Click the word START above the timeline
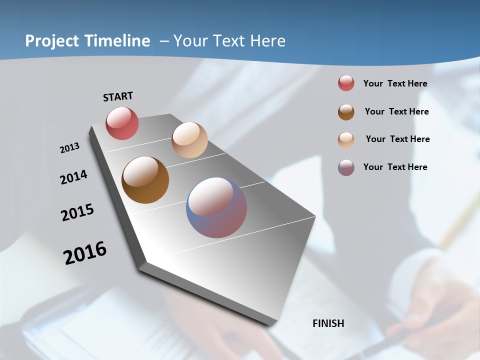point(118,96)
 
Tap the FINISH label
point(328,323)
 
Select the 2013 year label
point(69,148)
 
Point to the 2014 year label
point(73,177)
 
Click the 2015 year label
point(77,212)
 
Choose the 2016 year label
point(85,253)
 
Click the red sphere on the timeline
point(122,123)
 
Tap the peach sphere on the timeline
point(189,140)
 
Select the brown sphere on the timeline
point(145,180)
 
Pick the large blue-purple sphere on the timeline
point(216,207)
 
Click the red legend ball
point(346,83)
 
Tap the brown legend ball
point(346,112)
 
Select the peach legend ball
point(346,140)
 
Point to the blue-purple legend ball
point(346,167)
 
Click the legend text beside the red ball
point(395,83)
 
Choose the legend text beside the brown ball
point(396,111)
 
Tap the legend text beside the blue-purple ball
point(395,167)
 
